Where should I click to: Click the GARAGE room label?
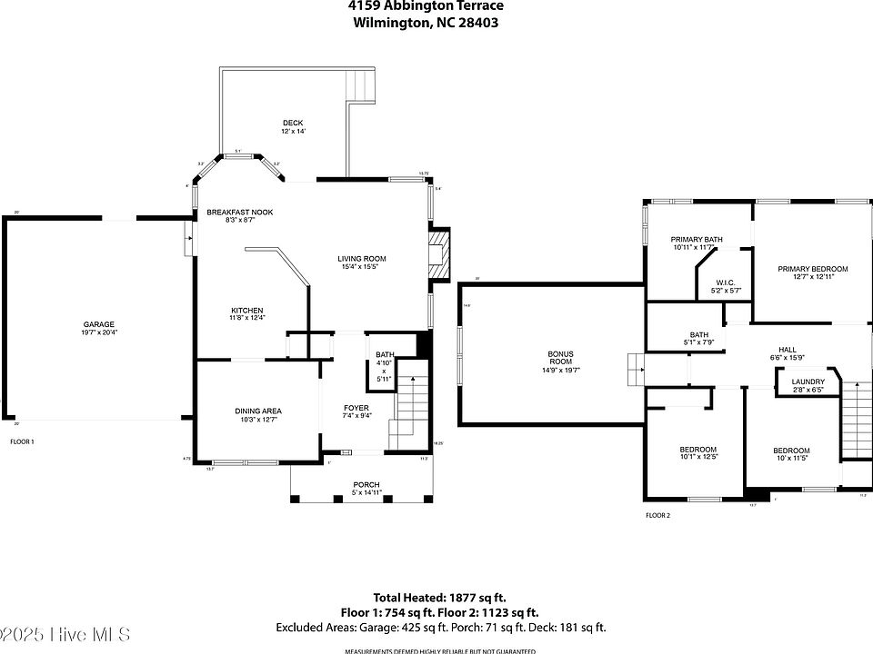pyautogui.click(x=99, y=324)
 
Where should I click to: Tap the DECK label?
pyautogui.click(x=292, y=123)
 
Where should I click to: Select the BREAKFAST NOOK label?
pyautogui.click(x=239, y=213)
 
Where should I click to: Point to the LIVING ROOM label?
pyautogui.click(x=362, y=259)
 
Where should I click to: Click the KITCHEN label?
pyautogui.click(x=246, y=311)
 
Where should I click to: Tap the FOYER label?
pyautogui.click(x=356, y=407)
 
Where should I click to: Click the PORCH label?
pyautogui.click(x=366, y=484)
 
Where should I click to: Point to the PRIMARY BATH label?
pyautogui.click(x=697, y=240)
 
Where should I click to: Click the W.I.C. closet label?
pyautogui.click(x=726, y=282)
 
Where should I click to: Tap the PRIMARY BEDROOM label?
pyautogui.click(x=812, y=269)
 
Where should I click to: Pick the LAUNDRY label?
pyautogui.click(x=808, y=381)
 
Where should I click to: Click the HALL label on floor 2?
pyautogui.click(x=788, y=350)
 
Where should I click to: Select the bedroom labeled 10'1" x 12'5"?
pyautogui.click(x=697, y=451)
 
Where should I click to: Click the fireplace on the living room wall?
pyautogui.click(x=440, y=253)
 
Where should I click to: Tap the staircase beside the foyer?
pyautogui.click(x=411, y=409)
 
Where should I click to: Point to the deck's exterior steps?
pyautogui.click(x=360, y=85)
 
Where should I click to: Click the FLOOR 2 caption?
pyautogui.click(x=657, y=515)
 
